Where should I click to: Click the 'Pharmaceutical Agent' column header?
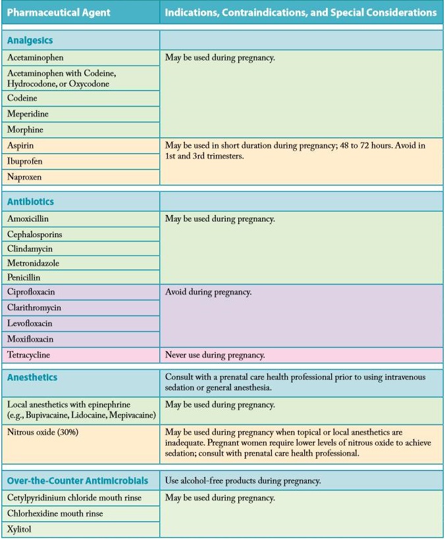pos(59,12)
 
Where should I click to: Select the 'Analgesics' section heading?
pos(30,40)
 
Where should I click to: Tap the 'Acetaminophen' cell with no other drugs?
pos(36,58)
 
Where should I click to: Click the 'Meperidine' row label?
pos(28,114)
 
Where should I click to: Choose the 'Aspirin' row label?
pos(21,145)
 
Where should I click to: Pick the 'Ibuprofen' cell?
pos(25,161)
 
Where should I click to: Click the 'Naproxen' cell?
pos(25,177)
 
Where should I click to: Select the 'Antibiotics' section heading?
pos(30,202)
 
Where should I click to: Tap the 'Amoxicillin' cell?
pos(28,219)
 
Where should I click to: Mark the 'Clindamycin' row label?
pos(30,249)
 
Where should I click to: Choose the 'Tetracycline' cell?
pos(29,355)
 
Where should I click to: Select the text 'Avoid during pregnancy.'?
pos(208,292)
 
